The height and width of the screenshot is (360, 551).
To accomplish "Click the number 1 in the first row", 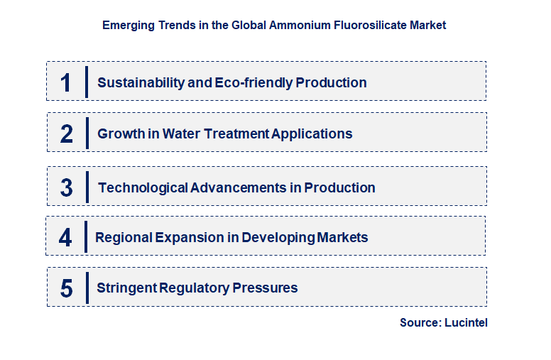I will pyautogui.click(x=66, y=82).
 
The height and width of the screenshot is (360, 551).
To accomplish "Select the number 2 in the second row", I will pyautogui.click(x=66, y=133).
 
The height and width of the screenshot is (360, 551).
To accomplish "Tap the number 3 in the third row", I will pyautogui.click(x=66, y=188).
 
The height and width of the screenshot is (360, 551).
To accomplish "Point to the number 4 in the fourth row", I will pyautogui.click(x=65, y=237).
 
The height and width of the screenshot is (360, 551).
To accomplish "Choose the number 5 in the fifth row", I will pyautogui.click(x=66, y=288).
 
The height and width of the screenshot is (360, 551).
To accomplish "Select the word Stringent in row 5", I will pyautogui.click(x=126, y=288).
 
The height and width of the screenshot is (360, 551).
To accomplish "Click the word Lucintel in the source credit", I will pyautogui.click(x=466, y=322).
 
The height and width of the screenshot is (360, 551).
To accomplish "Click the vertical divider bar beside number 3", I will pyautogui.click(x=87, y=188).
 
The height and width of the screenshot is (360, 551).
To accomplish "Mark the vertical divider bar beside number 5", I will pyautogui.click(x=87, y=288).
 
